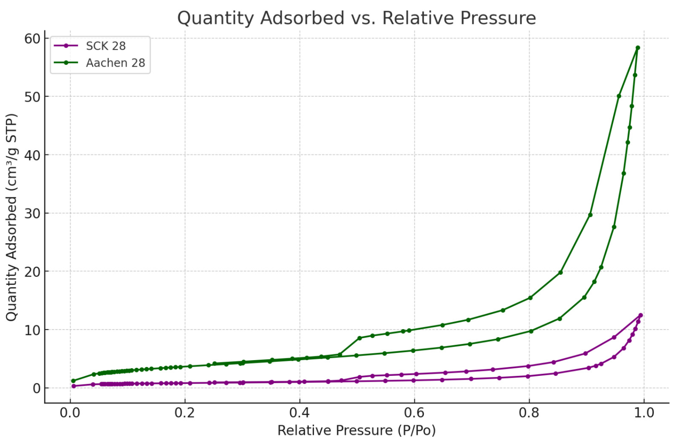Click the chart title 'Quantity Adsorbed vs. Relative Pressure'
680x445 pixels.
(x=356, y=18)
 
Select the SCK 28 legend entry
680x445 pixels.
(x=106, y=46)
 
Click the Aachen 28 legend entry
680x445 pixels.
(x=115, y=63)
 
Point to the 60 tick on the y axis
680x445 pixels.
(x=32, y=39)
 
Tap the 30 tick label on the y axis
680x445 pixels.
(x=32, y=213)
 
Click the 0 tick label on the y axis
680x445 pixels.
(x=37, y=388)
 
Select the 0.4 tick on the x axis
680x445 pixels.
(x=299, y=413)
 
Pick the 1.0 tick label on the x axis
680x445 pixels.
(x=644, y=413)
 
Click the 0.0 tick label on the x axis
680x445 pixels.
(x=70, y=413)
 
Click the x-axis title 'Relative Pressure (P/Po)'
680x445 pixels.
(x=356, y=431)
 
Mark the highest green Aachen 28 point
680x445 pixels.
(x=638, y=48)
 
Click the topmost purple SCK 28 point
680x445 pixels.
(x=640, y=315)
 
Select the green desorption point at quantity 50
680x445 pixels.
(x=619, y=96)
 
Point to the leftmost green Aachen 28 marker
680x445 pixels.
(x=73, y=381)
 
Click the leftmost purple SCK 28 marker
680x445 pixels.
(x=74, y=386)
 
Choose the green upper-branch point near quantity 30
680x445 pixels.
(x=590, y=215)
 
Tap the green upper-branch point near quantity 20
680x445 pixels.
(x=560, y=273)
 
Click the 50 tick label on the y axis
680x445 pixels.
(x=32, y=97)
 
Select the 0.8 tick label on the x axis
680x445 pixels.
(x=529, y=413)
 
